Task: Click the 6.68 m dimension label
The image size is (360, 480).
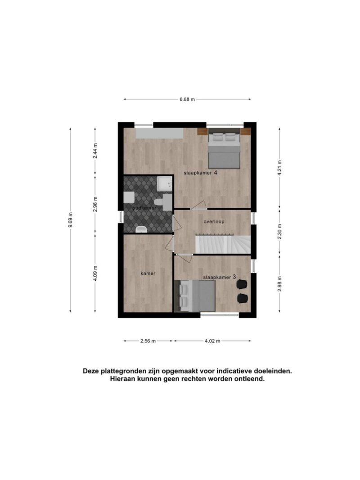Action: (187, 99)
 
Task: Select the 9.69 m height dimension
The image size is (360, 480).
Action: (70, 220)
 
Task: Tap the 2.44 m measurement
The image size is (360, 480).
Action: (95, 151)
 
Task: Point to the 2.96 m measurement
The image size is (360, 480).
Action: (95, 204)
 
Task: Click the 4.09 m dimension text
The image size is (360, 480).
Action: (95, 274)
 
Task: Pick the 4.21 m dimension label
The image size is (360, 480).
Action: (279, 168)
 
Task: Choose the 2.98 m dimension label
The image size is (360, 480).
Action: (279, 284)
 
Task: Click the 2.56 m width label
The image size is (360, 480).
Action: (148, 341)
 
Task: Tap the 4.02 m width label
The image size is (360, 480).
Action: (212, 341)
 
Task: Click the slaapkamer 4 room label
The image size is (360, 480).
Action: (201, 173)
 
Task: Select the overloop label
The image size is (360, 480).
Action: (214, 221)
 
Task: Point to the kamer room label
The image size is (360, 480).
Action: (148, 274)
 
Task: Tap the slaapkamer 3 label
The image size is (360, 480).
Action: (220, 277)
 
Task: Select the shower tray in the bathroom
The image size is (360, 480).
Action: (165, 184)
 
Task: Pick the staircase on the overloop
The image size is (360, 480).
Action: (223, 244)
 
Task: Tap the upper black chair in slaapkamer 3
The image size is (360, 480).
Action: (242, 284)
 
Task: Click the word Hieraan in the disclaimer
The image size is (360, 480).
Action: (122, 379)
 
